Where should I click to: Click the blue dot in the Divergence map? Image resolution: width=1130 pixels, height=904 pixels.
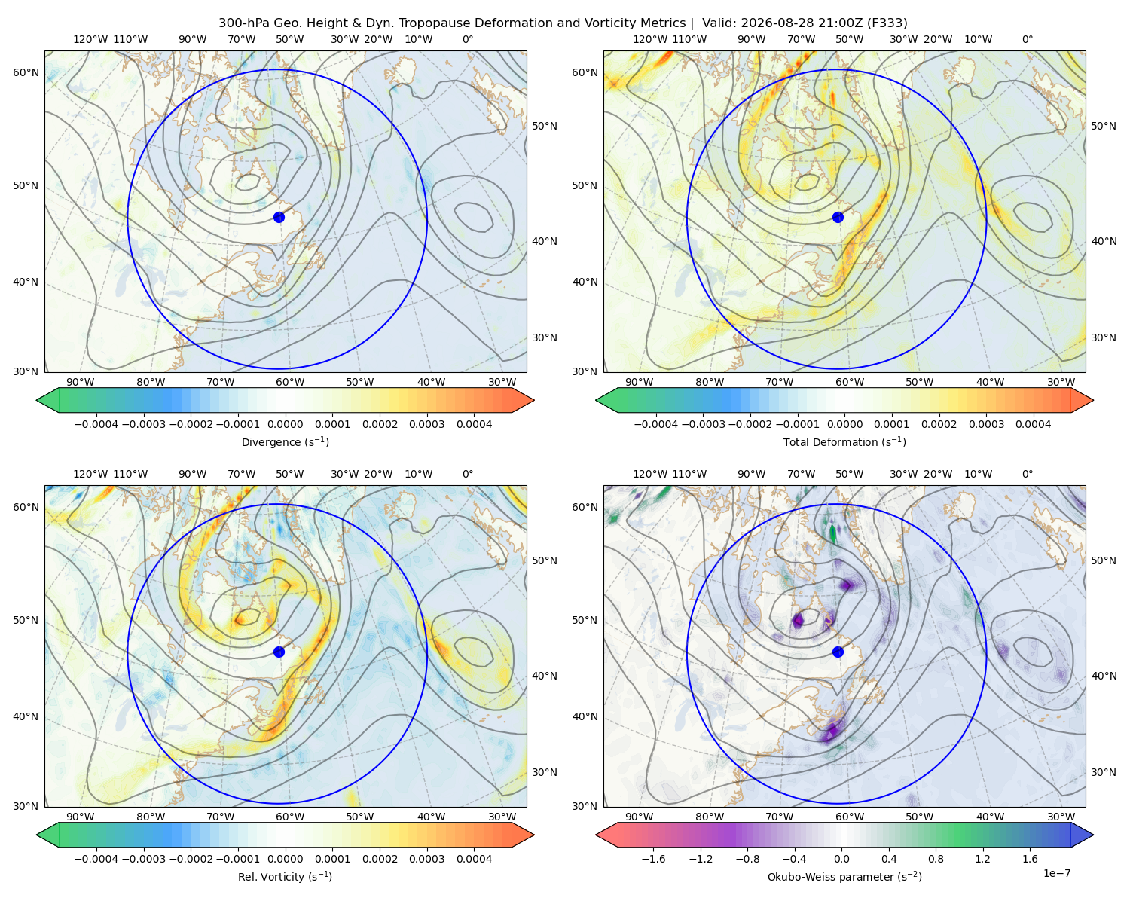coord(279,218)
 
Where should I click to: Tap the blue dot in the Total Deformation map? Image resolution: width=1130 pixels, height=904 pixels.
coord(838,218)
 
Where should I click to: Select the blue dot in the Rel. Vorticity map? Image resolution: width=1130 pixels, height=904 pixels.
coord(279,652)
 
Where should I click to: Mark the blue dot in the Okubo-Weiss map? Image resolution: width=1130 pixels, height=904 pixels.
coord(838,652)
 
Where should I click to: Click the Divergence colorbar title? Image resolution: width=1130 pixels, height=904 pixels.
coord(285,442)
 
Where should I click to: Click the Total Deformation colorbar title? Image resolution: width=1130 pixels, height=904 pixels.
coord(844,442)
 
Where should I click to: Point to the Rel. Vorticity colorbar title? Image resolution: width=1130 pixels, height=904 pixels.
coord(285,877)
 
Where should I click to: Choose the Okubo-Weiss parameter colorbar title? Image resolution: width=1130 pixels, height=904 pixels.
coord(844,877)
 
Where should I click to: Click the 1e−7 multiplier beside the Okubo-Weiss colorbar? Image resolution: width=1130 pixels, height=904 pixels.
coord(1056,874)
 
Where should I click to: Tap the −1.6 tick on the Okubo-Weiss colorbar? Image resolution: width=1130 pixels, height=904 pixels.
coord(653,859)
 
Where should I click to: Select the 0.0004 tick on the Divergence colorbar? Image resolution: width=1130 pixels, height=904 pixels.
coord(474,424)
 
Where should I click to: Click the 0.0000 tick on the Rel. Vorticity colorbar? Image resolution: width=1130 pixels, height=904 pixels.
coord(285,859)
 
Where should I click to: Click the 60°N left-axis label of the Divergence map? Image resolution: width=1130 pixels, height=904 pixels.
coord(26,72)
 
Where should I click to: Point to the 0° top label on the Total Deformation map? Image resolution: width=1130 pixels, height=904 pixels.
coord(1027,39)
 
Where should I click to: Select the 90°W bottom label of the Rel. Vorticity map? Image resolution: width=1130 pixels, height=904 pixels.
coord(81,817)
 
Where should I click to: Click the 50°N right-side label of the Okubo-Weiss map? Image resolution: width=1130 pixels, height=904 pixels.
coord(1104,560)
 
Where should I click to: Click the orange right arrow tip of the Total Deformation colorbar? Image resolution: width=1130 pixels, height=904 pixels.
coord(1093,400)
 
